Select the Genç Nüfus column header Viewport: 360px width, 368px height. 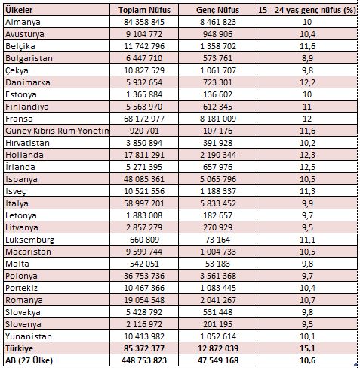tap(236, 11)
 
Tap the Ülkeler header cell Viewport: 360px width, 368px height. tap(20, 11)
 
